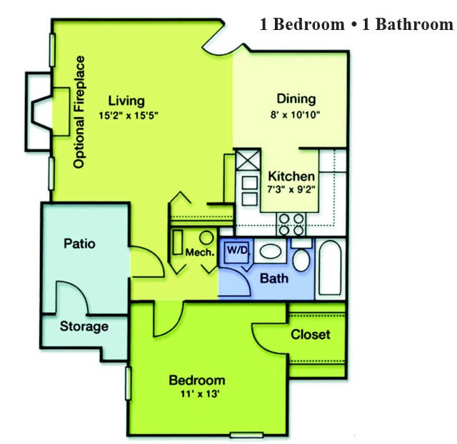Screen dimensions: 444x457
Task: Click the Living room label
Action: [126, 100]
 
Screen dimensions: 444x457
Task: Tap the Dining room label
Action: [296, 99]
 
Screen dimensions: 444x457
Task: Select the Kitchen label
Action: [291, 176]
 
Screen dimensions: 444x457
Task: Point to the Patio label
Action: [79, 243]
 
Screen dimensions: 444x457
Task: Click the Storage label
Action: [84, 326]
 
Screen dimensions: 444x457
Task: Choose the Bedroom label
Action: [197, 380]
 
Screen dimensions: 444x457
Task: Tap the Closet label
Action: [311, 334]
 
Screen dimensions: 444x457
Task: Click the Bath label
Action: [274, 277]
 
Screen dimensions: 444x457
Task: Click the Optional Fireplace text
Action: [80, 112]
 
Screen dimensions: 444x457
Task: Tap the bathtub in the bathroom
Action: [331, 270]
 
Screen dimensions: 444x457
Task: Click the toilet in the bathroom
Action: [301, 257]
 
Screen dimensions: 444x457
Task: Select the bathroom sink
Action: [269, 251]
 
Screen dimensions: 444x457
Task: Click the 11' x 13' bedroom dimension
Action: [197, 393]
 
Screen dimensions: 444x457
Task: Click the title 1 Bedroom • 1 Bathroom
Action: [356, 25]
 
